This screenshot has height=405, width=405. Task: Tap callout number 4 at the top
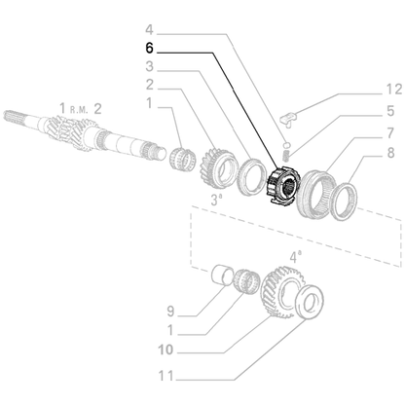pyautogui.click(x=148, y=29)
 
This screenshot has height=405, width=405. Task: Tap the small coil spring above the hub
pyautogui.click(x=286, y=149)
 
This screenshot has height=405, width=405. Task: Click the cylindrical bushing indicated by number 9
pyautogui.click(x=224, y=276)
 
